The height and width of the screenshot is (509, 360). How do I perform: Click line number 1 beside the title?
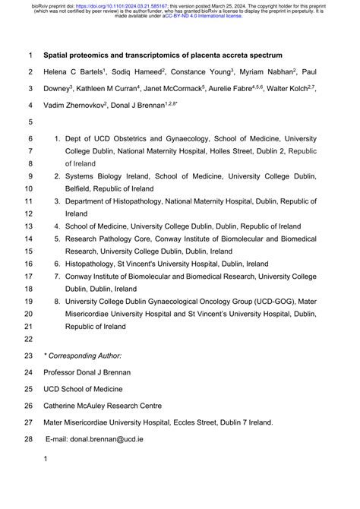(x=30, y=55)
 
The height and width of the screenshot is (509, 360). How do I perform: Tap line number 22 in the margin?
(x=29, y=338)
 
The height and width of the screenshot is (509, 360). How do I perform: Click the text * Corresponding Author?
(x=82, y=356)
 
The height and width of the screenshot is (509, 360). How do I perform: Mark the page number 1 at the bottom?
(x=46, y=459)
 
